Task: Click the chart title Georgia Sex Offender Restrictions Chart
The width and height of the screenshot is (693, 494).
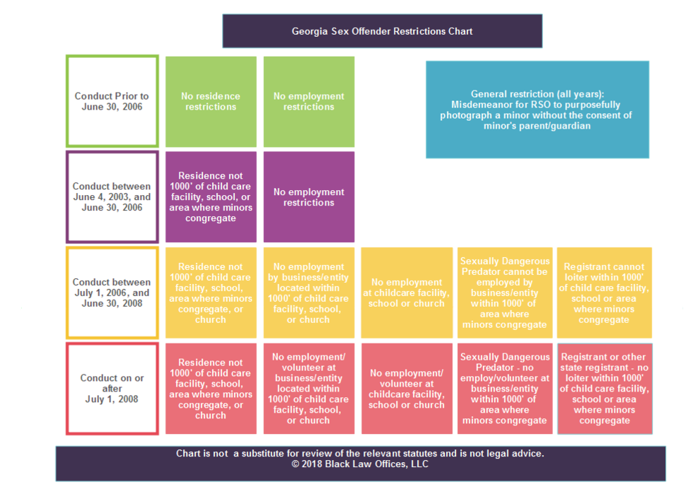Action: click(x=382, y=31)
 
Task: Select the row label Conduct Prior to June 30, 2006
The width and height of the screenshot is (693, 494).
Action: click(x=112, y=102)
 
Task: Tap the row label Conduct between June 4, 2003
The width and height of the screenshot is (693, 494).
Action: click(x=112, y=197)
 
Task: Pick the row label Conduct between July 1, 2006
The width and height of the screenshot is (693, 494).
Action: click(x=112, y=293)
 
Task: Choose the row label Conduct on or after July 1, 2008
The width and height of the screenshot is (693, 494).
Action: click(x=112, y=389)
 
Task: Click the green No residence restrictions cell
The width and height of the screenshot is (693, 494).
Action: click(x=211, y=102)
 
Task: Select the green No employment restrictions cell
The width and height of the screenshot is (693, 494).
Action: click(x=308, y=102)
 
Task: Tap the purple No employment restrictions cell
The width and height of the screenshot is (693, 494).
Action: click(x=308, y=197)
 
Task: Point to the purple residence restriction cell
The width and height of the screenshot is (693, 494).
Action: click(x=211, y=197)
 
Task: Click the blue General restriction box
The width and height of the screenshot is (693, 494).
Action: click(x=537, y=110)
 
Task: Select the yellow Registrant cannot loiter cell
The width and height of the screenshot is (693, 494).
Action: click(x=604, y=293)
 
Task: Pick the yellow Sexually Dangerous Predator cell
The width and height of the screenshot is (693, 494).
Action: click(x=504, y=293)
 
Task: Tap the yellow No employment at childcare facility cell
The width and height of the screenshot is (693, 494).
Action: click(x=407, y=293)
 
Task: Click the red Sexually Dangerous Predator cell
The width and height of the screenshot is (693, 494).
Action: click(x=504, y=389)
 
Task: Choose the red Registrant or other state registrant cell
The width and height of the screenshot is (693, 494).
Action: click(x=604, y=389)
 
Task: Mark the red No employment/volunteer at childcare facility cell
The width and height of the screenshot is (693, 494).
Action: click(x=407, y=389)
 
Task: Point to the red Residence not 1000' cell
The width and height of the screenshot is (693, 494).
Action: click(x=211, y=389)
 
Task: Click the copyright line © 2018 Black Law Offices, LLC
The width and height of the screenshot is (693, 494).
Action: click(x=360, y=465)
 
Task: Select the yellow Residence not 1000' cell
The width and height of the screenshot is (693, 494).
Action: click(x=211, y=293)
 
